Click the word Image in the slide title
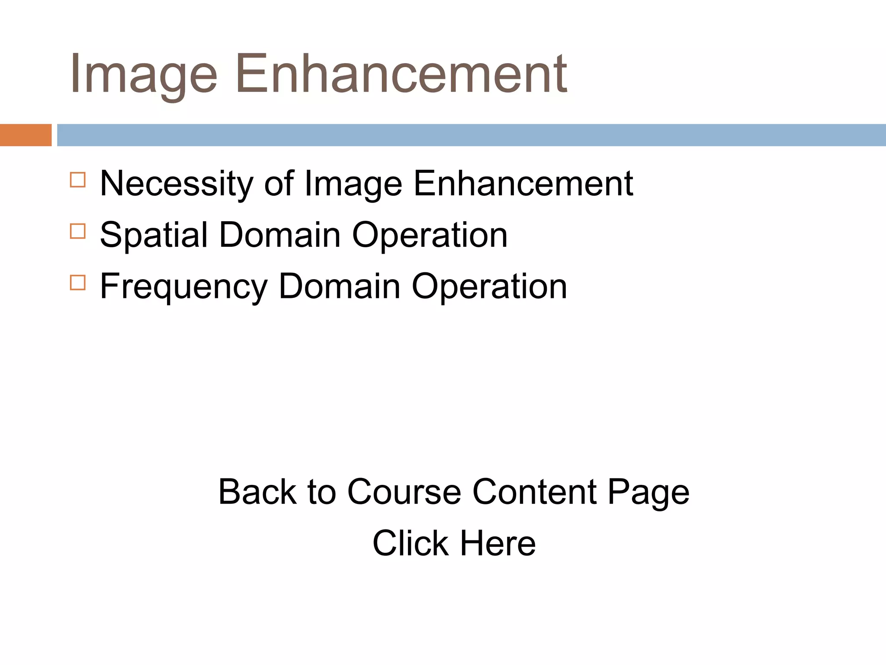[143, 74]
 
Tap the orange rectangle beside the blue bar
[26, 135]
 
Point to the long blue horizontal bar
[471, 135]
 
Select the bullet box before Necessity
[78, 180]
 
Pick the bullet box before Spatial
[78, 231]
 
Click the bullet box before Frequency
[78, 283]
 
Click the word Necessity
[177, 184]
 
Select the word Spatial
[154, 235]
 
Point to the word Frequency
[184, 287]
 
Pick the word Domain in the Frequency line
[340, 286]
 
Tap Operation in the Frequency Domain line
[489, 287]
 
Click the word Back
[257, 492]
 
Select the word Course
[404, 492]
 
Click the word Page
[648, 493]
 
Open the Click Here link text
[454, 543]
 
